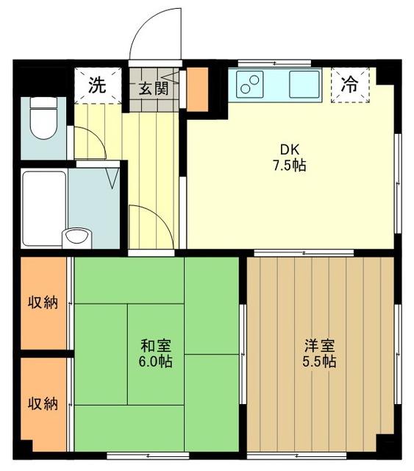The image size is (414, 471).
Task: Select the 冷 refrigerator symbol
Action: pyautogui.click(x=350, y=84)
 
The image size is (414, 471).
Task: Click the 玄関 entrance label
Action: pyautogui.click(x=154, y=88)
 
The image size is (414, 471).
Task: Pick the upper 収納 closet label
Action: pyautogui.click(x=43, y=302)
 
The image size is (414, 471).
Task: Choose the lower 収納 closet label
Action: pyautogui.click(x=43, y=403)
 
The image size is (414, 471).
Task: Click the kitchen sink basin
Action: pyautogui.click(x=304, y=84)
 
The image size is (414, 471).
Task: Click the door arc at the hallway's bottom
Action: pyautogui.click(x=151, y=228)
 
